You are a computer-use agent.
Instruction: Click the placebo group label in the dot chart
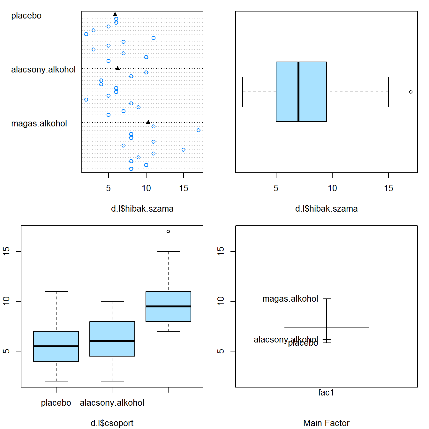(x=26, y=16)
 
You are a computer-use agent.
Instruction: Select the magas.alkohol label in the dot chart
(x=39, y=124)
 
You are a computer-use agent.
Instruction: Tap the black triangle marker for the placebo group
(x=115, y=14)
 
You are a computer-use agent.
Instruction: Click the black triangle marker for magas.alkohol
(x=148, y=122)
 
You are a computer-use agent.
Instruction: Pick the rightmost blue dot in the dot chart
(x=199, y=130)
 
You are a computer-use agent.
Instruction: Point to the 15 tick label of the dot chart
(x=184, y=188)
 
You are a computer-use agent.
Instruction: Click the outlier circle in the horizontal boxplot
(x=411, y=92)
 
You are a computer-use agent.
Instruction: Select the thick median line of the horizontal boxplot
(x=298, y=92)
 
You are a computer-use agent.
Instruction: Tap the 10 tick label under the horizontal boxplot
(x=332, y=188)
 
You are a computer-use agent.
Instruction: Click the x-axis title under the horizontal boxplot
(x=326, y=209)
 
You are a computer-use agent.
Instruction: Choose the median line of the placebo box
(x=56, y=346)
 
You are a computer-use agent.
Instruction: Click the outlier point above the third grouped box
(x=168, y=231)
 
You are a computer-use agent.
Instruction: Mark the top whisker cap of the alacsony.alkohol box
(x=112, y=301)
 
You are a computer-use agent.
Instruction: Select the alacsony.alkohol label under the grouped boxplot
(x=112, y=403)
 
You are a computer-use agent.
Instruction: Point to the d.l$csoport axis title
(x=112, y=423)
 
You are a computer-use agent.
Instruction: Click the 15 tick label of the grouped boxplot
(x=6, y=251)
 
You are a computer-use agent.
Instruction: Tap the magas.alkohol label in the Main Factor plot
(x=290, y=299)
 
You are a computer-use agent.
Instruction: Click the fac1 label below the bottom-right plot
(x=326, y=393)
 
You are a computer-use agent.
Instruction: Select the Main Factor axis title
(x=326, y=423)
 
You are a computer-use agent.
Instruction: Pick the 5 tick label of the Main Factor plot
(x=221, y=351)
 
